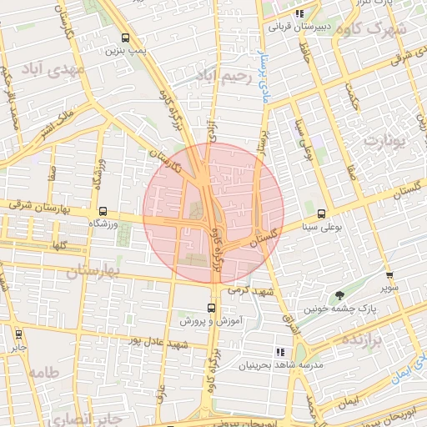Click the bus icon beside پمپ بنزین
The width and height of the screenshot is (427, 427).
[125, 38]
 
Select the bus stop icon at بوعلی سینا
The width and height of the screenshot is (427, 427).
[322, 213]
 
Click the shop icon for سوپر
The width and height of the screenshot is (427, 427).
[389, 275]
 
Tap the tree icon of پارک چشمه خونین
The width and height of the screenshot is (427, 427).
[339, 294]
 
